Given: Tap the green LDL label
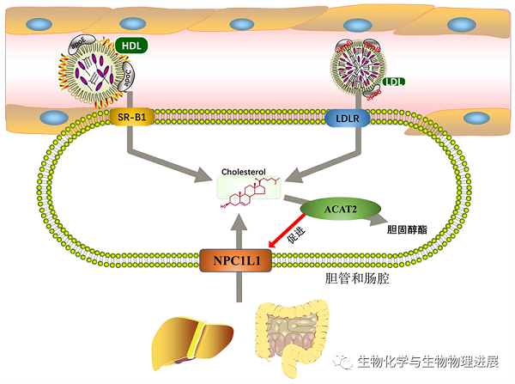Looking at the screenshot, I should [395, 82].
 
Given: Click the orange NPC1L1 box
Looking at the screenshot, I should [235, 261].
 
